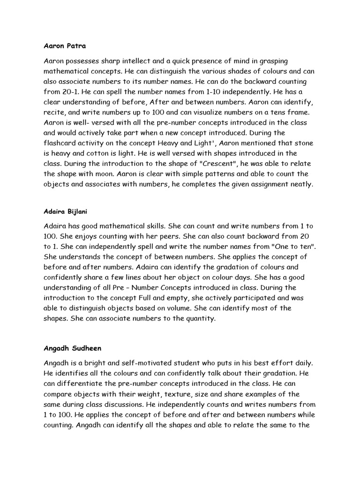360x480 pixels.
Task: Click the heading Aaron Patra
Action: pyautogui.click(x=63, y=46)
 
